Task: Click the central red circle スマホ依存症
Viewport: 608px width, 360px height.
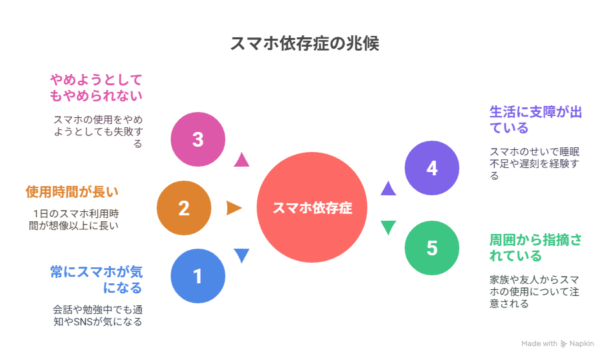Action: (312, 207)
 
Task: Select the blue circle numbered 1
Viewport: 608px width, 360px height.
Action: (197, 276)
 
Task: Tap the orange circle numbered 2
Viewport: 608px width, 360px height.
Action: (184, 208)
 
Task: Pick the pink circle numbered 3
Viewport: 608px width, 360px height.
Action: (197, 139)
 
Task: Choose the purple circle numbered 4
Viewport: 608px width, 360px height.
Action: (432, 168)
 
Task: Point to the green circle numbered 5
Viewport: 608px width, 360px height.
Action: (432, 248)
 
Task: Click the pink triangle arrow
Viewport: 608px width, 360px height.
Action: (241, 159)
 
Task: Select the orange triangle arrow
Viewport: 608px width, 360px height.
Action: (234, 208)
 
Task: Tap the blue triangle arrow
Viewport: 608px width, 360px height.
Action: (241, 255)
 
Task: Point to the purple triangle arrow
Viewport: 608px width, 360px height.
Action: (388, 189)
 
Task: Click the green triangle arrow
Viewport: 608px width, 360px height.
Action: (388, 227)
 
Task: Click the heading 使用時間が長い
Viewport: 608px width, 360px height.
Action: (72, 192)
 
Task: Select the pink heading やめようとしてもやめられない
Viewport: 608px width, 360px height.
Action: (97, 87)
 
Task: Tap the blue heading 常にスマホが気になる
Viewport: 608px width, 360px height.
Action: (97, 279)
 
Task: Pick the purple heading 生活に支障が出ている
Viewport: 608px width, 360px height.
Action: (535, 119)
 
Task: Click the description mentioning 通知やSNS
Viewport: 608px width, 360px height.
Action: (97, 315)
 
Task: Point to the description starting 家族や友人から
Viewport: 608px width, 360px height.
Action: (535, 290)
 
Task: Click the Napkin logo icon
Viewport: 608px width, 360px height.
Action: (564, 344)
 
